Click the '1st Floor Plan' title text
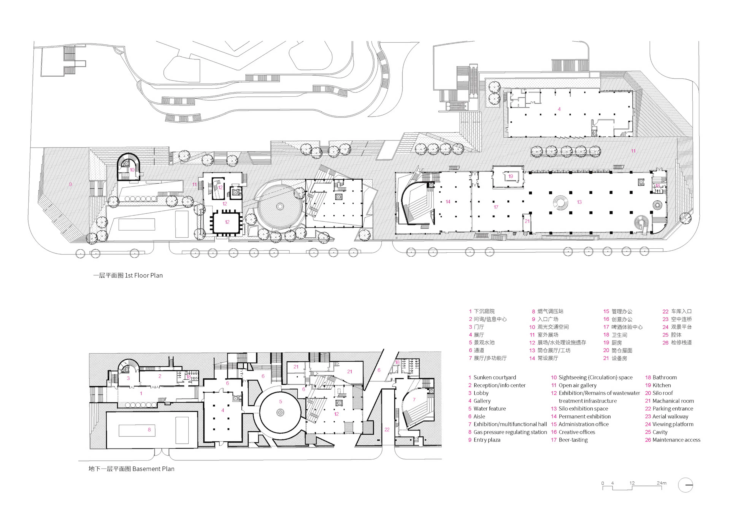(128, 275)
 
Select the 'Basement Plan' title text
(131, 469)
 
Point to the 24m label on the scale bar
(661, 483)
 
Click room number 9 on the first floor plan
(70, 184)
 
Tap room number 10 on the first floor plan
(132, 170)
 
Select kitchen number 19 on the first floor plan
(510, 176)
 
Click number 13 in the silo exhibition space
(579, 202)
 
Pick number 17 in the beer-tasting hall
(496, 207)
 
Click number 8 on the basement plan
(149, 430)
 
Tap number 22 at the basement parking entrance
(387, 430)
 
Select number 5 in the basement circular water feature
(280, 402)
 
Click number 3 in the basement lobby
(128, 378)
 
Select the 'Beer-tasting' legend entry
(573, 440)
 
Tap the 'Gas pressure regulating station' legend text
(510, 432)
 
